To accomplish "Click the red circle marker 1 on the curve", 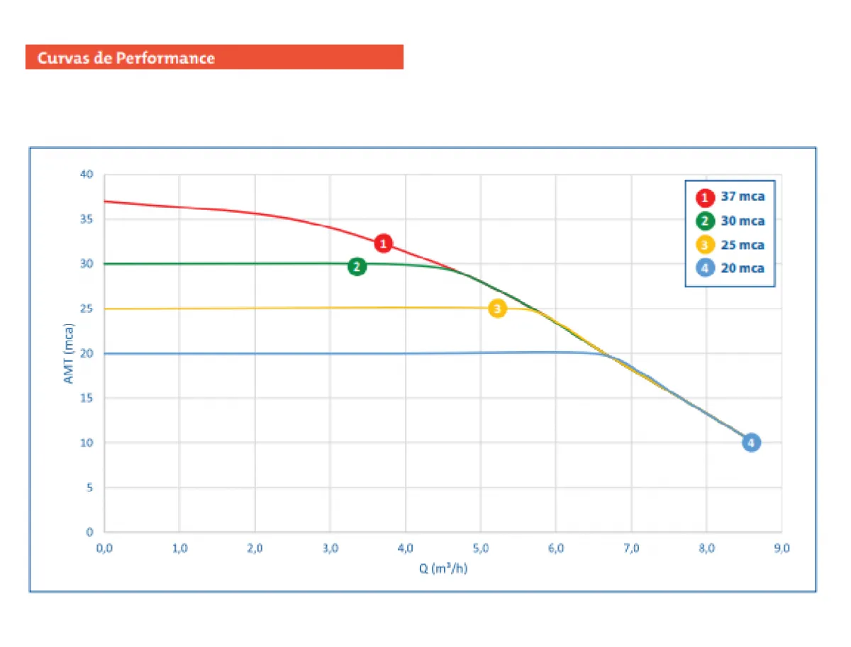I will click(x=383, y=243).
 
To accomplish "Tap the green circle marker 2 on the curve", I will click(x=357, y=267).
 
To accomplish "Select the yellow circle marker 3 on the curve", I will click(x=498, y=309).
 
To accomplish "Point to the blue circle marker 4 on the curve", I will click(x=752, y=443).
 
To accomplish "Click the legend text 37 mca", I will click(x=742, y=197).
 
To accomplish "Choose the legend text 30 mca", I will click(x=742, y=221).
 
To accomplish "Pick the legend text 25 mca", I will click(x=742, y=245).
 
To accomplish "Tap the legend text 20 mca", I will click(x=742, y=269).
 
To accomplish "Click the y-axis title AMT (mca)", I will click(x=69, y=353).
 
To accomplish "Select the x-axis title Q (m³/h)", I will click(x=443, y=568).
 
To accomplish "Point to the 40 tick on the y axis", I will click(x=87, y=175).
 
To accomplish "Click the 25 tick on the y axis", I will click(x=87, y=309).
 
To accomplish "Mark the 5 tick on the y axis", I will click(x=90, y=487).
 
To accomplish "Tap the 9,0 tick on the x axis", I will click(x=782, y=548).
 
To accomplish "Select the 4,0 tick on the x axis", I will click(x=405, y=548).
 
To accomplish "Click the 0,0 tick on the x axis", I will click(x=104, y=548).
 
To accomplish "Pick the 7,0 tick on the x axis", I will click(x=631, y=548).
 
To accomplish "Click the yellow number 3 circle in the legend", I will click(x=705, y=245).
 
